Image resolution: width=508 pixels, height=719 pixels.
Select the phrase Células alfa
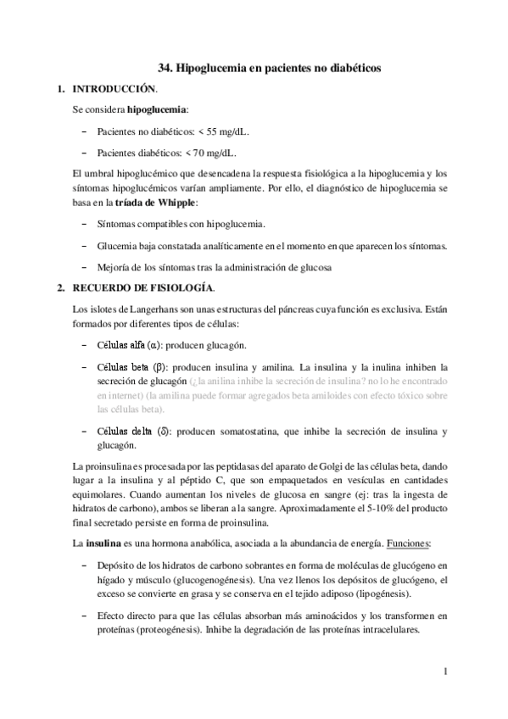pos(121,346)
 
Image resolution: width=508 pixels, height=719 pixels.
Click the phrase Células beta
pos(122,366)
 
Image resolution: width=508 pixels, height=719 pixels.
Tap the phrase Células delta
pos(124,432)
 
